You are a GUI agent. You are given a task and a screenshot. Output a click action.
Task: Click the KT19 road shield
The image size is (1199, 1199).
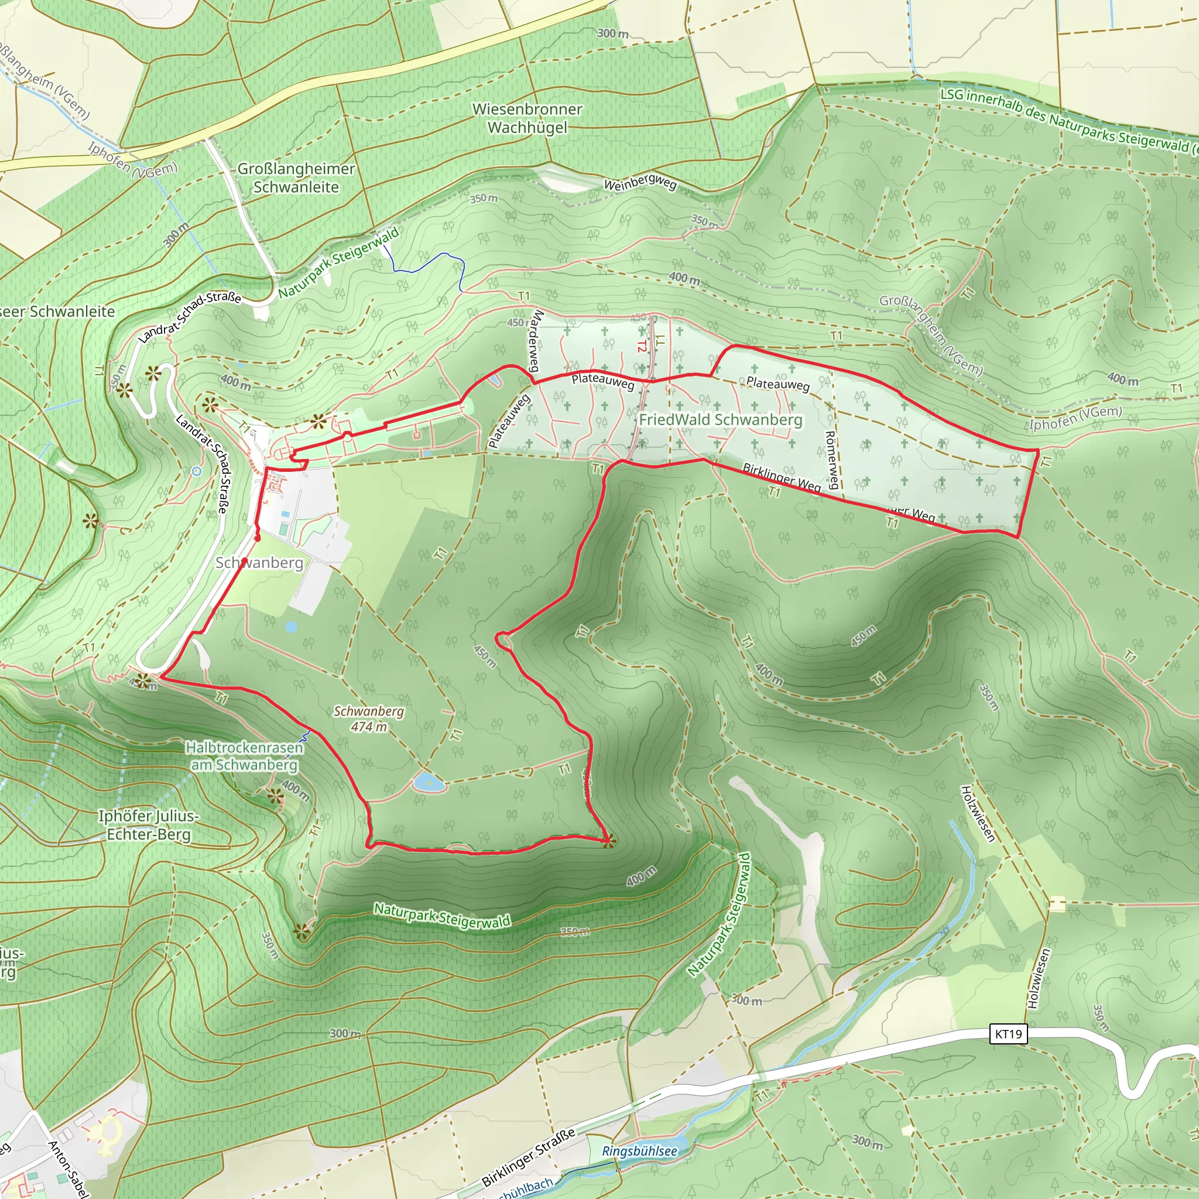(1008, 1034)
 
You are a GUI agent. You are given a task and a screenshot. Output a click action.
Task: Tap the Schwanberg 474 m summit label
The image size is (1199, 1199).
(369, 719)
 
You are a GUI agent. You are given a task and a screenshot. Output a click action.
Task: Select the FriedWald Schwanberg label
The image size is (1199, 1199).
(721, 420)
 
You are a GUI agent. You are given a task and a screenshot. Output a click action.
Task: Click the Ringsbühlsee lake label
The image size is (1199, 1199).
(639, 1151)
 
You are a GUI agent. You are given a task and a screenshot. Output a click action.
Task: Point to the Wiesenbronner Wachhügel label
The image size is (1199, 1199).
(527, 118)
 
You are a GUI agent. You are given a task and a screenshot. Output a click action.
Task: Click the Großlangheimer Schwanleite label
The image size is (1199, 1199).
(296, 177)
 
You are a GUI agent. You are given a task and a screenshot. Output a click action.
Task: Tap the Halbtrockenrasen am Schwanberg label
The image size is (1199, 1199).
(244, 756)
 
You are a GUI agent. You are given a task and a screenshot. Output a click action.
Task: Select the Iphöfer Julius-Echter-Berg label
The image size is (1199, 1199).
(148, 825)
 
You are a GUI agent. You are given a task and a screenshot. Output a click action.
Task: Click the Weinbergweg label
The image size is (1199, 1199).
(640, 184)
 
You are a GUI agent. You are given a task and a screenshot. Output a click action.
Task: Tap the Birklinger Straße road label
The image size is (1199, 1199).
(528, 1157)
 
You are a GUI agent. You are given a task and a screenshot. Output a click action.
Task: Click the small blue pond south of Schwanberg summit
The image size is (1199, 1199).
(428, 782)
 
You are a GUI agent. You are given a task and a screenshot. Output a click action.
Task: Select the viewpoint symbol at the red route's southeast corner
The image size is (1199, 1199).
(609, 841)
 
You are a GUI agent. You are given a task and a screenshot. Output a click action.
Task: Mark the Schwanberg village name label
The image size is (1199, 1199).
(259, 562)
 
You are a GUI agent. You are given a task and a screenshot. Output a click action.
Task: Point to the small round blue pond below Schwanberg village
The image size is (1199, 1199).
(291, 627)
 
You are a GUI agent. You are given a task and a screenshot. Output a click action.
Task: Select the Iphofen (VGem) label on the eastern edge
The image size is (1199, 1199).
(1075, 418)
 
